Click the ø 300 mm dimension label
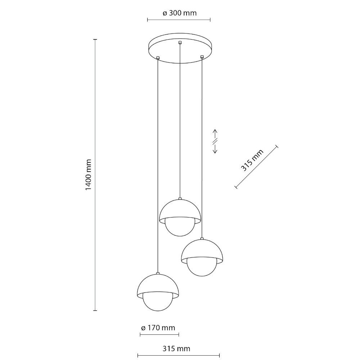point(180,13)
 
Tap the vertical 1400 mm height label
point(89,175)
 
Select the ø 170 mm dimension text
point(158,328)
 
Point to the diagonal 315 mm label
point(252,161)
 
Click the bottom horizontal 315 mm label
point(176,349)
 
